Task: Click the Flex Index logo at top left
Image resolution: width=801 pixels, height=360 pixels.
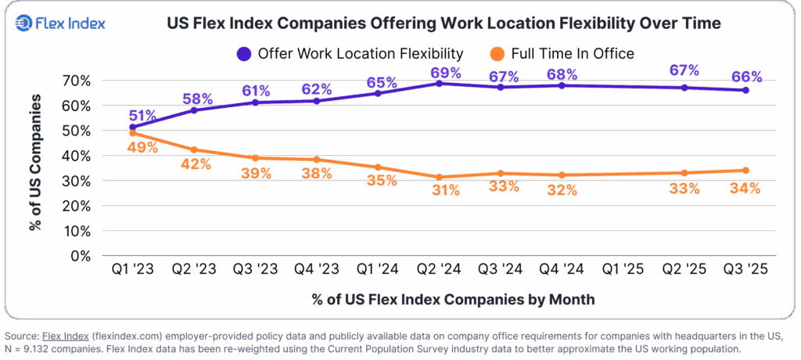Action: click(x=60, y=24)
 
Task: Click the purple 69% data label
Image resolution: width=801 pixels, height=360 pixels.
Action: click(x=446, y=73)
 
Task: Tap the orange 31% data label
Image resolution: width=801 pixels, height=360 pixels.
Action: click(x=445, y=189)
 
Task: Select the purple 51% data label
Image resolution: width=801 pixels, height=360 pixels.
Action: click(x=143, y=115)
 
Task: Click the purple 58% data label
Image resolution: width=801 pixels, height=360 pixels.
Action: click(x=198, y=99)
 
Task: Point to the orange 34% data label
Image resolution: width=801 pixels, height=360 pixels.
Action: click(x=744, y=188)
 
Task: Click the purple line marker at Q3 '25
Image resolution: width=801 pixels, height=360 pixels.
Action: click(x=745, y=91)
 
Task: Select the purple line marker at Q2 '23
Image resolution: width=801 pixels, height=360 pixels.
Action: click(x=193, y=110)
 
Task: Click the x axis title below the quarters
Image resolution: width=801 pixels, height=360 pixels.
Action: click(x=453, y=299)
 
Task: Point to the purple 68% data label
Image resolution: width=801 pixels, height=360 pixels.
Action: click(x=562, y=75)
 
